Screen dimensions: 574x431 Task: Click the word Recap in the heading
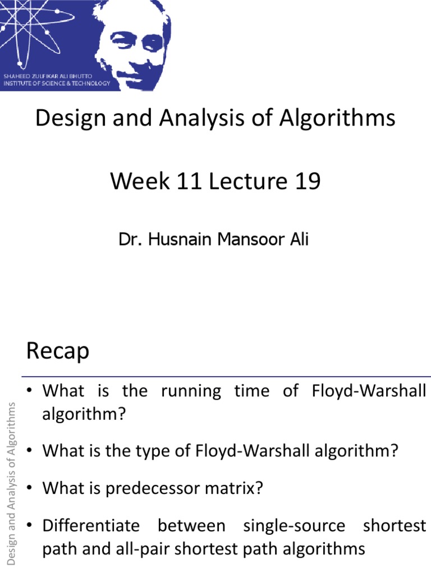click(x=57, y=352)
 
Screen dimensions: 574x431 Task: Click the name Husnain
click(x=181, y=240)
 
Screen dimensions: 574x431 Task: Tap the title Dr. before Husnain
click(x=129, y=240)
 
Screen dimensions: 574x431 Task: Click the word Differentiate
click(x=91, y=526)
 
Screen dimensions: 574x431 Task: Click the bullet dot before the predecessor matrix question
click(x=31, y=488)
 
